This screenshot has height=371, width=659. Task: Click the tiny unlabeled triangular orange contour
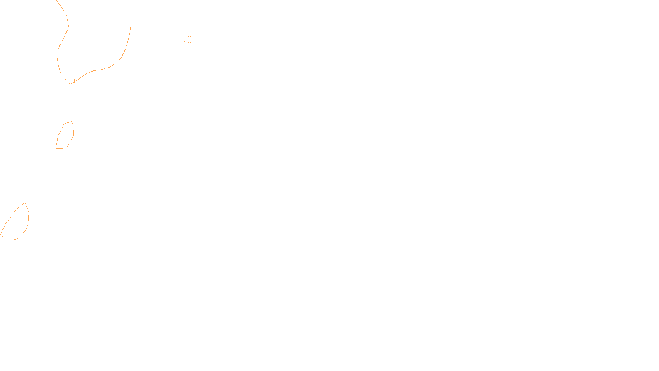coord(189,40)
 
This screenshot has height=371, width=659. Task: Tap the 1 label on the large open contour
coord(74,81)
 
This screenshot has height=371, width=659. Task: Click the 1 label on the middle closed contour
coord(65,148)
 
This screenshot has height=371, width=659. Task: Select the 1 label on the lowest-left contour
coord(9,240)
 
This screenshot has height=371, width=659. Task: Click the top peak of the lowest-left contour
coord(25,203)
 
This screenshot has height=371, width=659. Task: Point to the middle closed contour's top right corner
coord(72,121)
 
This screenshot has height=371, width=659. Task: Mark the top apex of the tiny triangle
coord(189,35)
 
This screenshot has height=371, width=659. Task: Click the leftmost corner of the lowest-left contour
coord(1,235)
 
